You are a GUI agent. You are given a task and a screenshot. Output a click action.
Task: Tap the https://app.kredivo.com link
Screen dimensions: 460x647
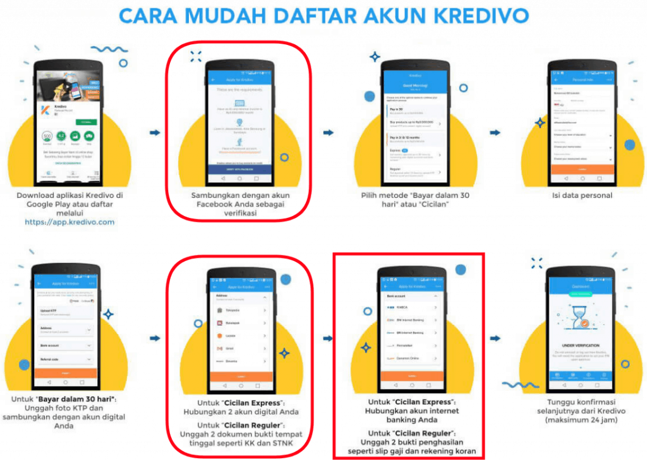click(x=70, y=222)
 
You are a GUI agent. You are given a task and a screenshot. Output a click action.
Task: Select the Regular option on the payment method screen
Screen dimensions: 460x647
click(x=411, y=171)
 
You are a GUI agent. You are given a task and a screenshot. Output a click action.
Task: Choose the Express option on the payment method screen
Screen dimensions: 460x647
click(x=411, y=154)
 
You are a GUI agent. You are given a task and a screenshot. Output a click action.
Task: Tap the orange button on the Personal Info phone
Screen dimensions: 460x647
click(x=582, y=170)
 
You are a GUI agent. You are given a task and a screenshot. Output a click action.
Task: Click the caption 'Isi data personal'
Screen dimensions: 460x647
click(x=582, y=195)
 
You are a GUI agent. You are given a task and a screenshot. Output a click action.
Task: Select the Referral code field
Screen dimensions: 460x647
click(x=65, y=361)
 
